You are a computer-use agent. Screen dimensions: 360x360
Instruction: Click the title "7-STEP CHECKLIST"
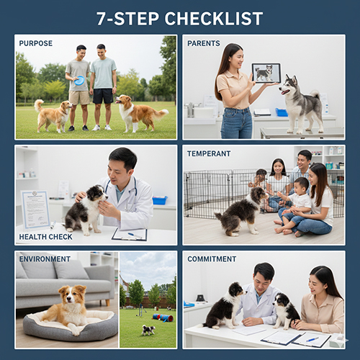point(180,18)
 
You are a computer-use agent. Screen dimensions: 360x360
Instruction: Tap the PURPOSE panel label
point(36,44)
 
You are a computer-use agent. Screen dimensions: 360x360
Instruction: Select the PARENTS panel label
point(204,44)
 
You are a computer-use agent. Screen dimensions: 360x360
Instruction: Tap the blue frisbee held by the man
point(79,81)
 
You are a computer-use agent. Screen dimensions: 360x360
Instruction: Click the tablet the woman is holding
point(266,73)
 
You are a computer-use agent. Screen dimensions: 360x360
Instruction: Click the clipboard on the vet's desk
point(130,234)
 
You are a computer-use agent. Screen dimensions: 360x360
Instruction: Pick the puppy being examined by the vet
point(85,209)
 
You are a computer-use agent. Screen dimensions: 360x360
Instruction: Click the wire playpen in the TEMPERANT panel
point(216,191)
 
